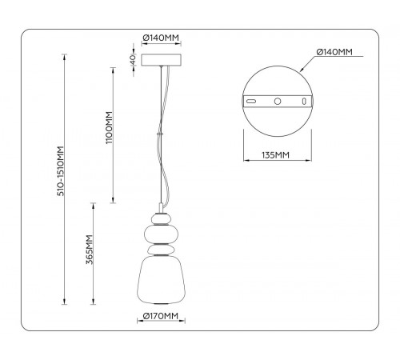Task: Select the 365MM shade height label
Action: [90, 252]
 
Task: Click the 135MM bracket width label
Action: [277, 155]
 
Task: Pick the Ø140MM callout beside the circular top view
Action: [334, 52]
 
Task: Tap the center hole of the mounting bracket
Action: [277, 102]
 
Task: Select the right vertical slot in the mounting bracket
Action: [302, 102]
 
